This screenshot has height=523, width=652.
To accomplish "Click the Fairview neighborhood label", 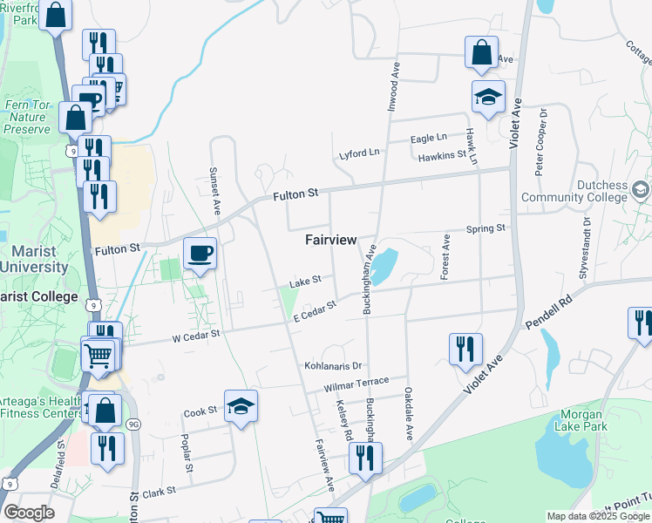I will click(331, 239).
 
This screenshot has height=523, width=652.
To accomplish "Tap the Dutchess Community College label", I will click(574, 192).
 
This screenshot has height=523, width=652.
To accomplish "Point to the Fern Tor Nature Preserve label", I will click(27, 117).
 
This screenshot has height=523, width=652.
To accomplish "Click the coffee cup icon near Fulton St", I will click(200, 253).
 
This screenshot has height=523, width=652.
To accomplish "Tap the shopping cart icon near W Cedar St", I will click(98, 353).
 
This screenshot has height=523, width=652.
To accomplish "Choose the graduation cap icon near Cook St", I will click(241, 406).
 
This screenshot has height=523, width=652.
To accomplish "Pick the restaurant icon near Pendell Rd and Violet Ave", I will click(466, 349).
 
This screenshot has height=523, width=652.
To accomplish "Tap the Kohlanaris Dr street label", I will click(333, 366).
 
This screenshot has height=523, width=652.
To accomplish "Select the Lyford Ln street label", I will click(359, 153).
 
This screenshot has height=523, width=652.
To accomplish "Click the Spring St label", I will click(486, 228).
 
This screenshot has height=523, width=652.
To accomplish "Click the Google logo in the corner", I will click(29, 513).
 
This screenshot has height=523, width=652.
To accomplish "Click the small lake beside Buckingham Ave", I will click(384, 266).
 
